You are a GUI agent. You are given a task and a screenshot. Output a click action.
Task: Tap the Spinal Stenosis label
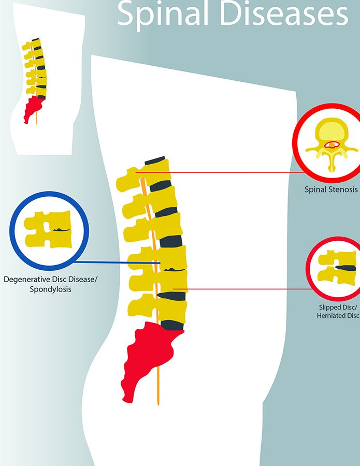pos(331,190)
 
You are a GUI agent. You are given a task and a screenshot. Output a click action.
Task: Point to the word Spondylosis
pos(50,290)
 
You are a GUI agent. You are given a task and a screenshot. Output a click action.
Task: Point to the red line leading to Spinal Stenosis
pos(238,172)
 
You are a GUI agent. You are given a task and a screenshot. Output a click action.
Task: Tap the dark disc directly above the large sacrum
pos(173,325)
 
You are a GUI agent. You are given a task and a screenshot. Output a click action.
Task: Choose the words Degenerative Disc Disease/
pos(50,280)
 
